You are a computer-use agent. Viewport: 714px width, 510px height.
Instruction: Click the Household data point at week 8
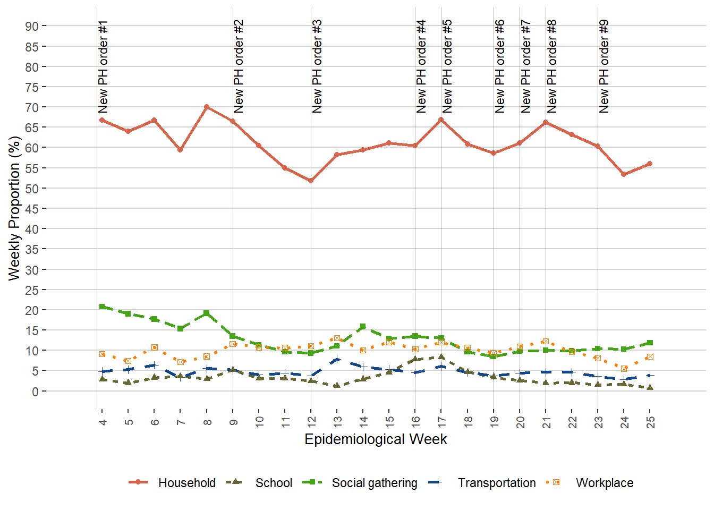tap(207, 107)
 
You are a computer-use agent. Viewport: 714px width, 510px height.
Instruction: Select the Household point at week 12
tap(311, 181)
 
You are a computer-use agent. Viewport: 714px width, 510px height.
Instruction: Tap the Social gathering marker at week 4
tap(102, 307)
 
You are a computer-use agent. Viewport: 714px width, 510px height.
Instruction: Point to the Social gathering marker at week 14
tap(363, 327)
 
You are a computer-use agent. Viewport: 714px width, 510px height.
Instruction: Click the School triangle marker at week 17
tap(441, 357)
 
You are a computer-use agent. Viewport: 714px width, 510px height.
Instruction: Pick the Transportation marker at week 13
tap(337, 360)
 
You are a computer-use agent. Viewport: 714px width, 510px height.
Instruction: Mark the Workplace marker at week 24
tap(624, 369)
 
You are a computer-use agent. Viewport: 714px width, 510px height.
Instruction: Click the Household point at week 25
tap(650, 164)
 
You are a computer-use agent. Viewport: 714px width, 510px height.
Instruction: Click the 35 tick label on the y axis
tap(31, 249)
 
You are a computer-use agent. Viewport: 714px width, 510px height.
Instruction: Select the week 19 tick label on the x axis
tap(494, 422)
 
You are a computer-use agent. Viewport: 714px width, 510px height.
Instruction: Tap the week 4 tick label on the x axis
tap(102, 422)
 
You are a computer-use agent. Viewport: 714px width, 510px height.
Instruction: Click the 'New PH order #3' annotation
tap(317, 66)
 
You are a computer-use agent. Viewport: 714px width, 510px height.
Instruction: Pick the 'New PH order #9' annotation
tap(604, 66)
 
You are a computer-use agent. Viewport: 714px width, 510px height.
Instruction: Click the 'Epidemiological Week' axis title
tap(376, 439)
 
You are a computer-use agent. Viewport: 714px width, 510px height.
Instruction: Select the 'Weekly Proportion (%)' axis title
tap(14, 208)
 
